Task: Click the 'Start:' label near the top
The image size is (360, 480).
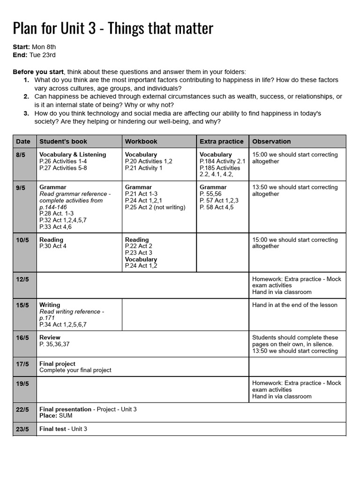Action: point(22,47)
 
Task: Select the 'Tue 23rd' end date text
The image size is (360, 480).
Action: point(42,55)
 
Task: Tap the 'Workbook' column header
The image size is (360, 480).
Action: point(141,141)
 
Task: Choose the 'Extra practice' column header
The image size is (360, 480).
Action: point(222,141)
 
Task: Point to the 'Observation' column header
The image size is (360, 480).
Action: point(271,141)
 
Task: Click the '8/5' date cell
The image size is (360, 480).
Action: point(21,155)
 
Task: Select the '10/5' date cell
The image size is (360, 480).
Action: point(22,240)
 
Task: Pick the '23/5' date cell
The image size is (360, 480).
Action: point(22,429)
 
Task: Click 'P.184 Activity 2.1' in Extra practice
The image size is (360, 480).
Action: point(222,161)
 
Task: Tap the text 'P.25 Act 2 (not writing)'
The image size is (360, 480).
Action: point(155,207)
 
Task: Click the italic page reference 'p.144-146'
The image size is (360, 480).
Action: point(53,207)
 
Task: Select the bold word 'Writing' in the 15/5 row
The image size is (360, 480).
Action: point(50,305)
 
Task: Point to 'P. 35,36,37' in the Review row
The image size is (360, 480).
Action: point(54,344)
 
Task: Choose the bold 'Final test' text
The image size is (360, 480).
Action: point(53,429)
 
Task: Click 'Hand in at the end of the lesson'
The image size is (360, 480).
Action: point(294,305)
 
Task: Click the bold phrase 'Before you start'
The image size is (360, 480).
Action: point(38,72)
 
